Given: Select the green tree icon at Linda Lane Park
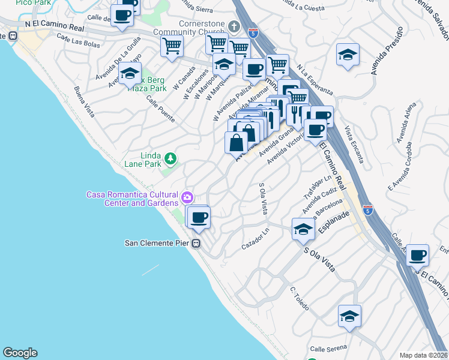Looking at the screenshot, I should click(172, 158).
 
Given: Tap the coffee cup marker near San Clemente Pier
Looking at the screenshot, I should click(198, 217).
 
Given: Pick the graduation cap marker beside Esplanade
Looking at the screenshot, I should click(303, 229).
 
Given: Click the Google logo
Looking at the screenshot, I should click(20, 353).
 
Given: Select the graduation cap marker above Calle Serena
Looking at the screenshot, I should click(349, 316).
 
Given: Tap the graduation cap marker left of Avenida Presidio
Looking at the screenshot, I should click(348, 55).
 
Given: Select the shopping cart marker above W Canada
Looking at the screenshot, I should click(172, 46).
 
